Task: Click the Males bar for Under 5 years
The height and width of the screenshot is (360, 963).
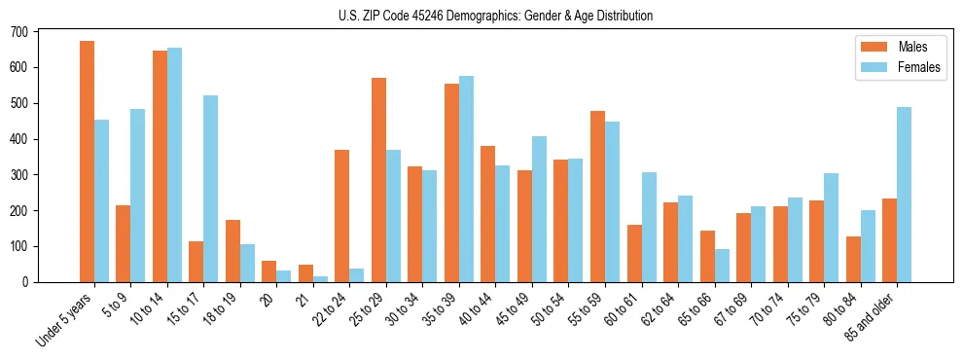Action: [87, 162]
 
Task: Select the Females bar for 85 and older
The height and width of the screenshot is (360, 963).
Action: [905, 195]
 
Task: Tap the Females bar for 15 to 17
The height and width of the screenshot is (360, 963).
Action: [211, 189]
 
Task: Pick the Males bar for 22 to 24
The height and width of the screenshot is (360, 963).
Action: [342, 216]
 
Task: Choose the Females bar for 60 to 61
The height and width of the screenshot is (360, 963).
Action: [649, 227]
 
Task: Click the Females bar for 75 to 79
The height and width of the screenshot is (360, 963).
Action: [832, 228]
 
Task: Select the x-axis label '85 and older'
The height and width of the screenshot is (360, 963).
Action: [871, 316]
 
